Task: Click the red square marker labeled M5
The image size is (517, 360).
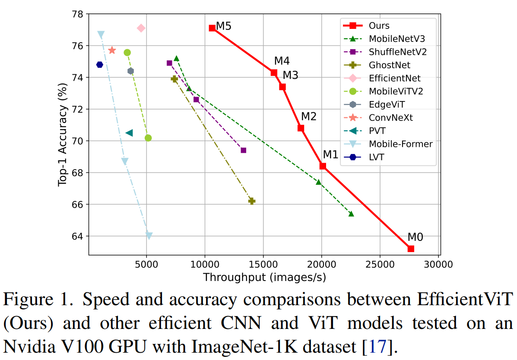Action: [x=212, y=28]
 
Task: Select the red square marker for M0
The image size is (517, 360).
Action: [x=411, y=249]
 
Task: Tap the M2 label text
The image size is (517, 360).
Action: [x=309, y=117]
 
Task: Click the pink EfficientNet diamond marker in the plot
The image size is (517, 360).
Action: [x=141, y=28]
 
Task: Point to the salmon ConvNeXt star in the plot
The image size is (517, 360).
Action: [x=112, y=51]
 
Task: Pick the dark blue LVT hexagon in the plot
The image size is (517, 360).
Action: [x=100, y=65]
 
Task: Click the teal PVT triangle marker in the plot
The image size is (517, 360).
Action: [x=129, y=133]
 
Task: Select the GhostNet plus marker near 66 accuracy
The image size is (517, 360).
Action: [x=252, y=201]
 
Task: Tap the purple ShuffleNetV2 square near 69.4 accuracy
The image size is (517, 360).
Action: [x=244, y=150]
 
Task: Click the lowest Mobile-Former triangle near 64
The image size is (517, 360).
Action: [x=149, y=236]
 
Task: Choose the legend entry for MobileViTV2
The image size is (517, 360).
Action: [x=396, y=91]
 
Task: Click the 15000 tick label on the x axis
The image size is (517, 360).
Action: [x=263, y=263]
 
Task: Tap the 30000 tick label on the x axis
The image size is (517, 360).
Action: [x=438, y=263]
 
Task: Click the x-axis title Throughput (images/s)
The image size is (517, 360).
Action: [x=264, y=277]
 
